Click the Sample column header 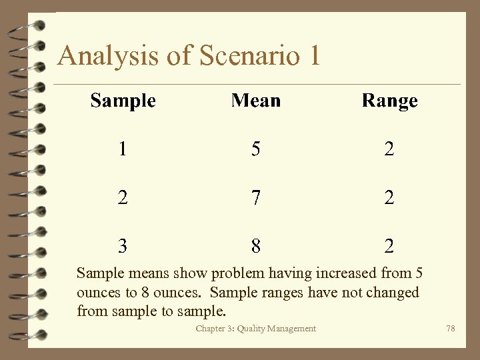(x=123, y=101)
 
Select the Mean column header (x=255, y=101)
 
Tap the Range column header (x=389, y=101)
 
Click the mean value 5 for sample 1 (x=256, y=149)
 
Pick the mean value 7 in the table (x=256, y=197)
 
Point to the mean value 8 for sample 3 (x=256, y=246)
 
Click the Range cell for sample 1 (x=389, y=149)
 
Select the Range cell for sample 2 (x=389, y=197)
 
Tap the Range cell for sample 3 (x=389, y=246)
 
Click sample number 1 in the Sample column (x=122, y=149)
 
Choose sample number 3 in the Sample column (x=122, y=246)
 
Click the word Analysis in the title (x=109, y=56)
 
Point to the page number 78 (x=451, y=329)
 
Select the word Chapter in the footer (x=211, y=329)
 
